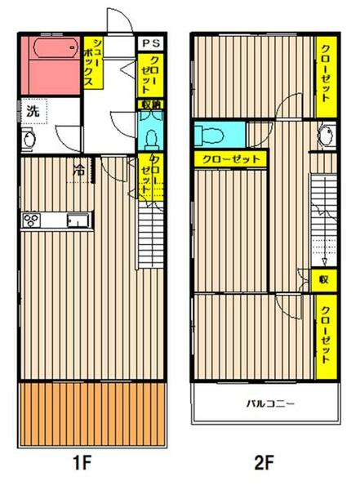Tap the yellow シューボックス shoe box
pyautogui.click(x=91, y=62)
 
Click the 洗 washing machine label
pyautogui.click(x=31, y=110)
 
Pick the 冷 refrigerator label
pyautogui.click(x=79, y=171)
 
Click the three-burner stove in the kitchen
pyautogui.click(x=33, y=219)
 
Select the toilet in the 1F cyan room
pyautogui.click(x=149, y=131)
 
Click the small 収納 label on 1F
pyautogui.click(x=149, y=104)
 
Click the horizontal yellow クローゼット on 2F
pyautogui.click(x=231, y=158)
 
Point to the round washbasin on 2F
pyautogui.click(x=326, y=135)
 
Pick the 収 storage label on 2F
pyautogui.click(x=325, y=278)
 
